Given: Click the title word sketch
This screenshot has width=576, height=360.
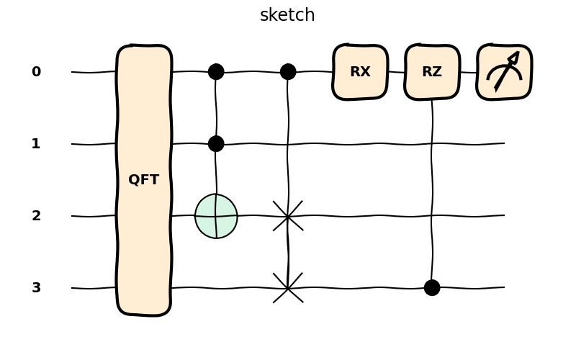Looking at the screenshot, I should tap(287, 15).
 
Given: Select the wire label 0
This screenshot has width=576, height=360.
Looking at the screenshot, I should tap(36, 72).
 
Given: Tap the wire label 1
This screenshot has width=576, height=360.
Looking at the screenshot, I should tap(36, 144).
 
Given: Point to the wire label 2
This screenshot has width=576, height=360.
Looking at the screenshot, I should tap(36, 216).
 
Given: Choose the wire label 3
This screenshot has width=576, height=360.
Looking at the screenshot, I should tap(36, 288).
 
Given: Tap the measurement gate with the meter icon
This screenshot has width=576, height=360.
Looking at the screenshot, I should tap(504, 72).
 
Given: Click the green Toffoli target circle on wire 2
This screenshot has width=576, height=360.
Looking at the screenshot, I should tap(216, 216).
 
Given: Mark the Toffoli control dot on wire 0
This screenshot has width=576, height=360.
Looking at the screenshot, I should tap(216, 72).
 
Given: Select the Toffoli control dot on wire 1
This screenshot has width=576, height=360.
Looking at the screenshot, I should tap(216, 144).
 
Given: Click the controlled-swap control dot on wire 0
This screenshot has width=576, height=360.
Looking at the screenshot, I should tap(288, 72).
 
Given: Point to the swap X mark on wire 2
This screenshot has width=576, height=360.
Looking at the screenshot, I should tap(288, 216).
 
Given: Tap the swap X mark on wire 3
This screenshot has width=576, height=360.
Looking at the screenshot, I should tap(288, 288).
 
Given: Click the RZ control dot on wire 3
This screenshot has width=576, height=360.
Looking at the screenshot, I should tap(432, 288).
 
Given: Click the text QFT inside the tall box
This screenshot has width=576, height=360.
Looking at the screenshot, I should tap(143, 179).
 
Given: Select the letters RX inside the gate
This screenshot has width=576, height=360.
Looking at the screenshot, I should tap(360, 72).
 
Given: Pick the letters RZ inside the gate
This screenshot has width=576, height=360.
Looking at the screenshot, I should tap(432, 72).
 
